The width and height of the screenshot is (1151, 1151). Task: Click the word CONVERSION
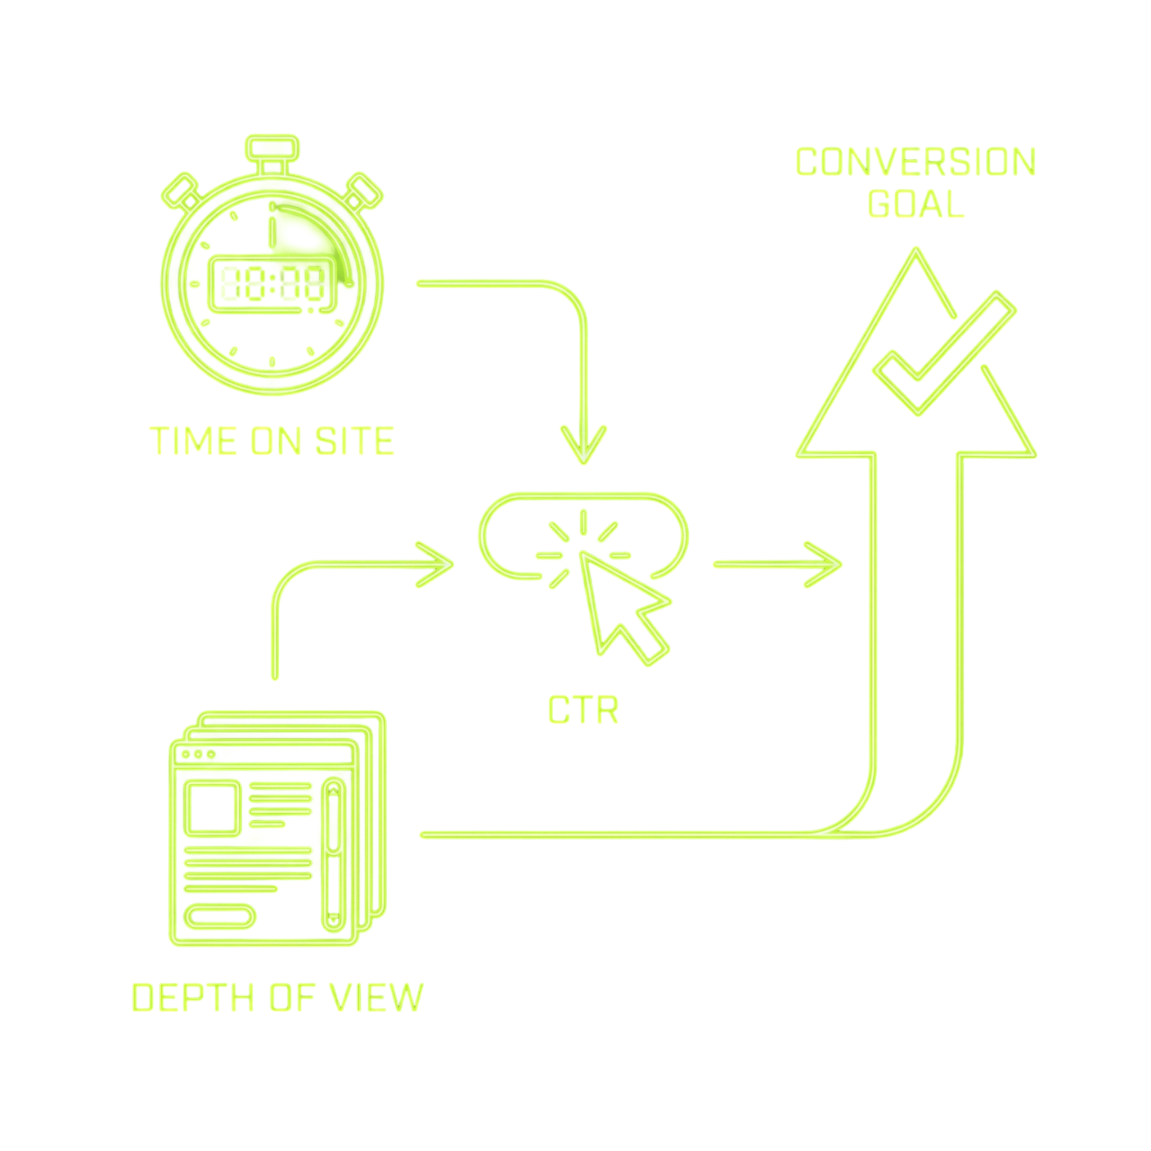(x=915, y=162)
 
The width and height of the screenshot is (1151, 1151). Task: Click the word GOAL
(x=915, y=204)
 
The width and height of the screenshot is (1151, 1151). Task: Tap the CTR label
(x=583, y=709)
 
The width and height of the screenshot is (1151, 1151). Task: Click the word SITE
(x=354, y=441)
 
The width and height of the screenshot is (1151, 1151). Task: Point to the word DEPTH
(x=193, y=997)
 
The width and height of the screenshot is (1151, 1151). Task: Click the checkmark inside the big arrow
(x=944, y=353)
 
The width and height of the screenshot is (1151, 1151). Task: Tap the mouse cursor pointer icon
(x=623, y=607)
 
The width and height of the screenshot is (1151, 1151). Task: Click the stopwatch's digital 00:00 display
(x=272, y=285)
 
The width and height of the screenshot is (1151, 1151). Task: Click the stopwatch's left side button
(x=181, y=192)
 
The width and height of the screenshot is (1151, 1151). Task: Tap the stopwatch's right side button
(x=363, y=192)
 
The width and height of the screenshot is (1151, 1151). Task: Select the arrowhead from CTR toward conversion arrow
(x=823, y=565)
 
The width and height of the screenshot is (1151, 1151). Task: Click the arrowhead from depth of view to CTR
(x=435, y=565)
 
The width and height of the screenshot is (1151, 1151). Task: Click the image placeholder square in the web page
(x=212, y=808)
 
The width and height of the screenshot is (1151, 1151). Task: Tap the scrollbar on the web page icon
(x=334, y=855)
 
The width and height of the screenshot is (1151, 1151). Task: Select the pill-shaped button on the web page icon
(x=219, y=916)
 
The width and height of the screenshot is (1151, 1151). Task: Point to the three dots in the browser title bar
(x=199, y=754)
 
